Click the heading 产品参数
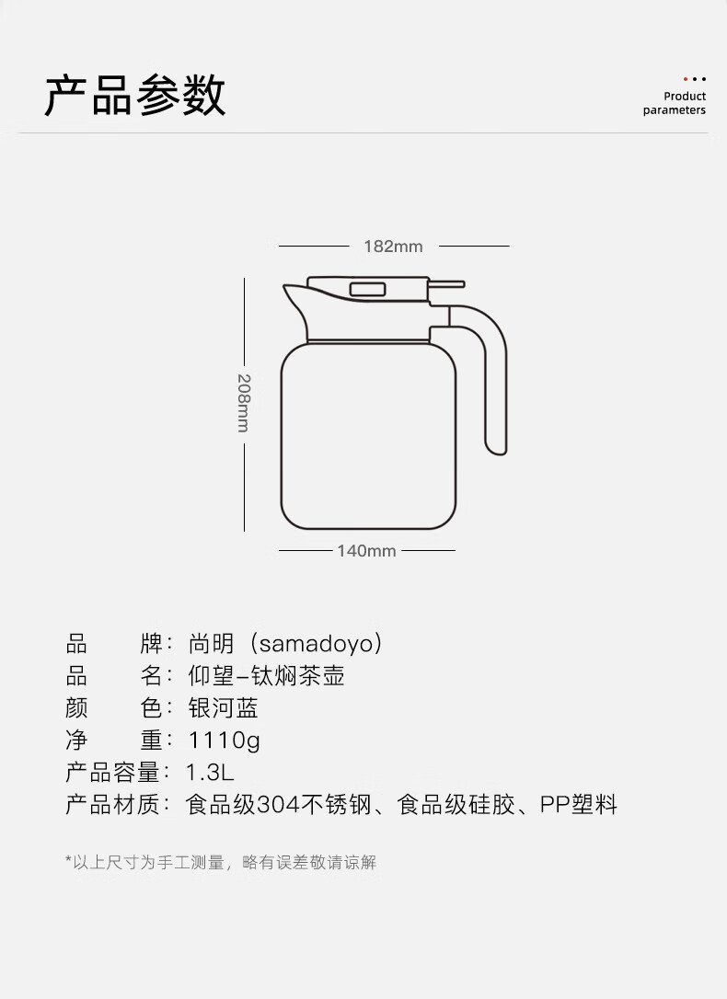pyautogui.click(x=135, y=96)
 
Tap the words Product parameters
pyautogui.click(x=675, y=103)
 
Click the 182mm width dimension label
pyautogui.click(x=393, y=247)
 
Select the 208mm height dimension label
pyautogui.click(x=244, y=402)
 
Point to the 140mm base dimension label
pyautogui.click(x=366, y=551)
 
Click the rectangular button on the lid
pyautogui.click(x=367, y=289)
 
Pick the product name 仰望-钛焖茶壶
pyautogui.click(x=266, y=676)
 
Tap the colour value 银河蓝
pyautogui.click(x=223, y=708)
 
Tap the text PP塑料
pyautogui.click(x=578, y=806)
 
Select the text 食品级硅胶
pyautogui.click(x=451, y=806)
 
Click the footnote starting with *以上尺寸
pyautogui.click(x=221, y=862)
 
